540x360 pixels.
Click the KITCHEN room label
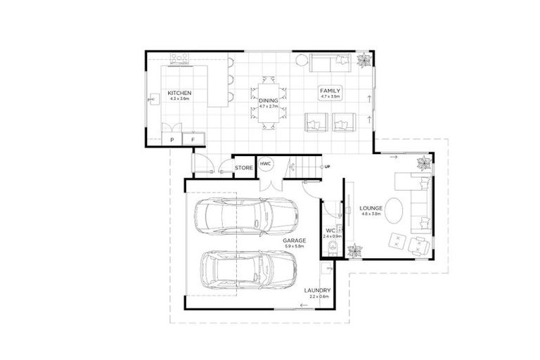coord(179,93)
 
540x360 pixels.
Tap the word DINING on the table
coord(268,101)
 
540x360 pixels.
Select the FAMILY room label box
coord(330,91)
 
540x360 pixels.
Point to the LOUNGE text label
coord(370,209)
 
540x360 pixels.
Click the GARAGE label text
coord(293,240)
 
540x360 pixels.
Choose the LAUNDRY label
coord(317,290)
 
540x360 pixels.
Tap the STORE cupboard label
coord(243,168)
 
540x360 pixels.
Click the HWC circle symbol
coord(266,164)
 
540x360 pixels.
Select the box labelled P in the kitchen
coord(172,140)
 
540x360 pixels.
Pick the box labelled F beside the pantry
coord(193,140)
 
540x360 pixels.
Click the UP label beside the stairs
coord(327,167)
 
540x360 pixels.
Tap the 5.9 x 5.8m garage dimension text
coord(293,246)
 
